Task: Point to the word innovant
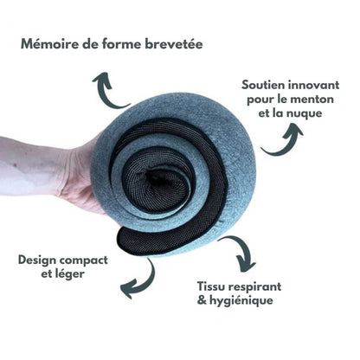[313, 85]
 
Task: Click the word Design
[36, 260]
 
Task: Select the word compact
[83, 260]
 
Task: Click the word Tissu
[212, 286]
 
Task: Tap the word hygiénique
[241, 300]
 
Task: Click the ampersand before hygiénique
[202, 300]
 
